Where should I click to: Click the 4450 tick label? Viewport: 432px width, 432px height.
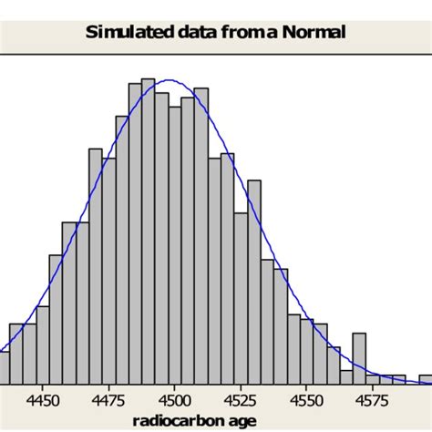pos(44,398)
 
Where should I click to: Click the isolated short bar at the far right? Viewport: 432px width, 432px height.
pos(426,378)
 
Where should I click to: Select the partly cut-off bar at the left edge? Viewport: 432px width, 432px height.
pos(5,366)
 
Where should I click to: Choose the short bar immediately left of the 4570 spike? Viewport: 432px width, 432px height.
pos(346,375)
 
